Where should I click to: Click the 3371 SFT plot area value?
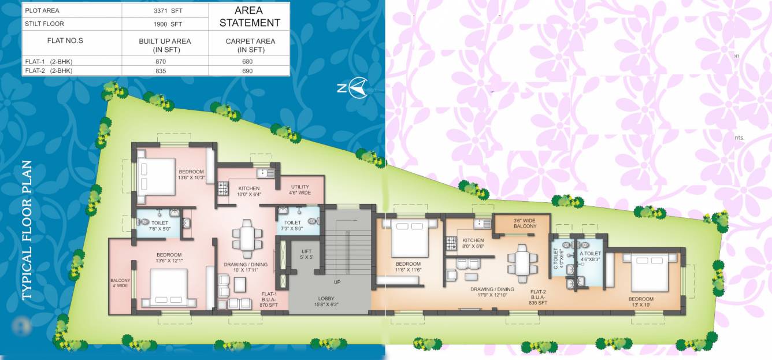pos(165,10)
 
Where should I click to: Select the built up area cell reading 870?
pos(165,61)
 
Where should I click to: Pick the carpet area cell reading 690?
pos(249,71)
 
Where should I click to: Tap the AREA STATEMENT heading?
pos(250,17)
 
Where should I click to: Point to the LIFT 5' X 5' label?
pos(306,254)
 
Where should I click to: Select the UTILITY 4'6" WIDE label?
pos(300,190)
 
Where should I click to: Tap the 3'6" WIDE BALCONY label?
pos(525,223)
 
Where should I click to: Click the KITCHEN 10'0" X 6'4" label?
pos(248,191)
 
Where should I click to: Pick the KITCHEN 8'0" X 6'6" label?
pos(473,243)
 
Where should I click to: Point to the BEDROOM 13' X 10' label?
pos(641,302)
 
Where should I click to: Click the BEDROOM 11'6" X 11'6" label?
pos(408,267)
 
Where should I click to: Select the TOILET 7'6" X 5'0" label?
pos(160,225)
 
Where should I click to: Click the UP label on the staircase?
pos(337,282)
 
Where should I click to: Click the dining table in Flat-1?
pos(246,237)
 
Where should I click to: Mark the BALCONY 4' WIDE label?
pos(121,283)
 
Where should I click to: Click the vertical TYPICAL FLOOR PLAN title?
pos(27,231)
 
